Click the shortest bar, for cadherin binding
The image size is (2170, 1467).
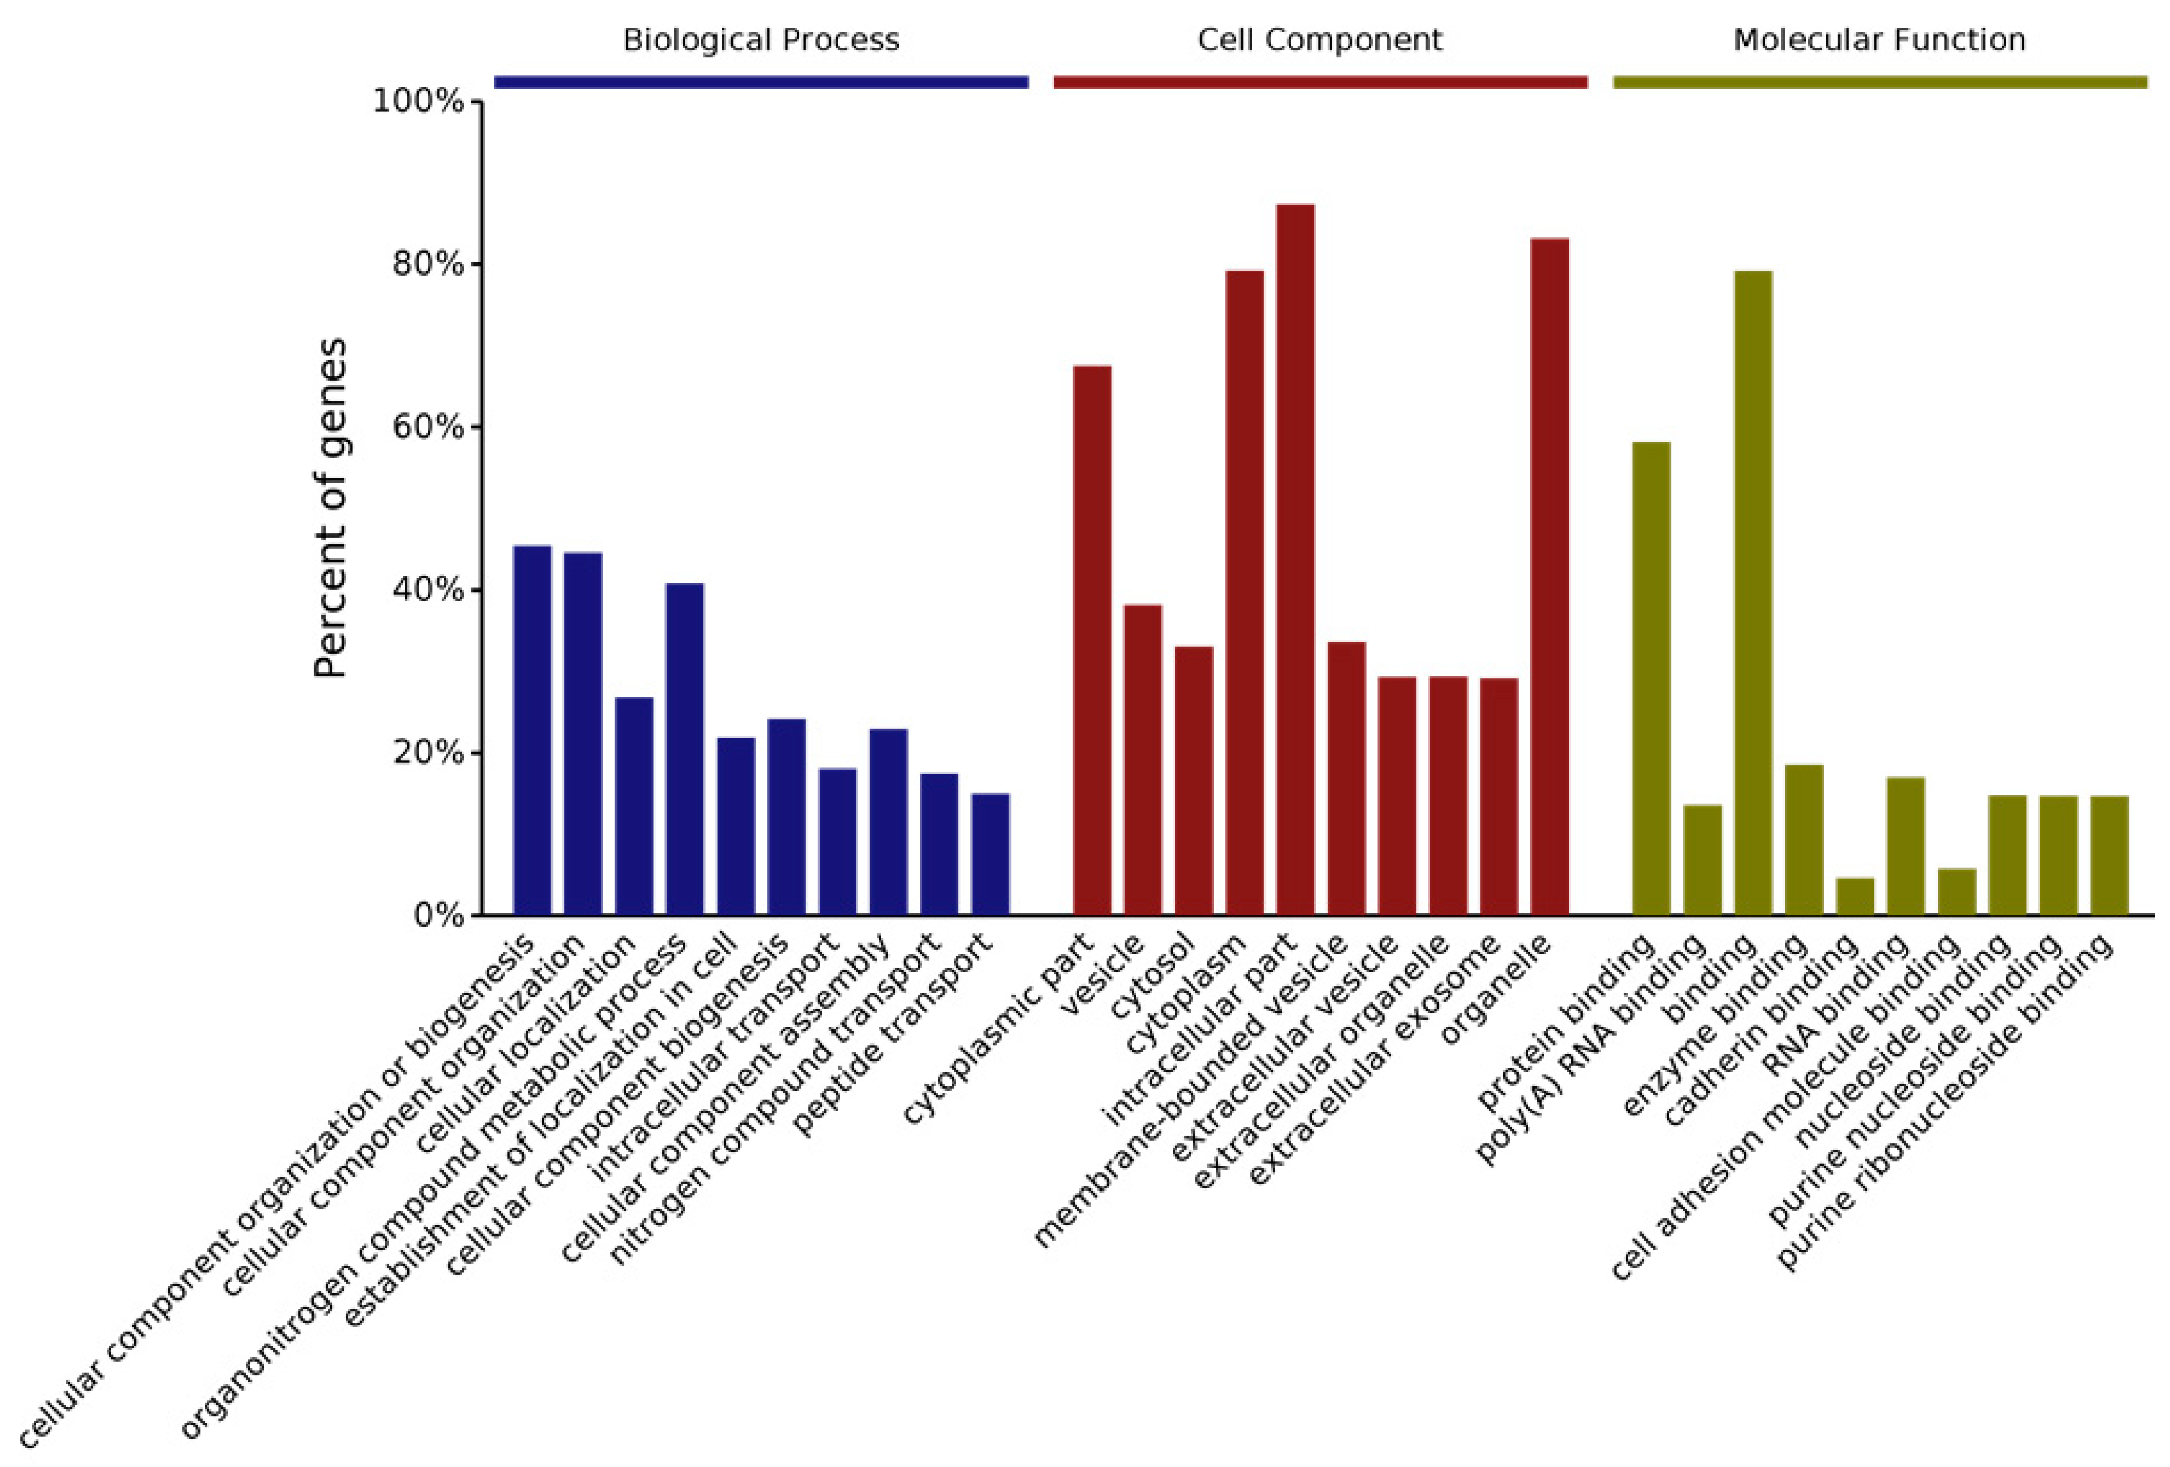(1855, 897)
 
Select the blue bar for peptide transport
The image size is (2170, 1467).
(990, 854)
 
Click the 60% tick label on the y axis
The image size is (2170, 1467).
(428, 427)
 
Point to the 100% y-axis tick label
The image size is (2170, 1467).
(418, 101)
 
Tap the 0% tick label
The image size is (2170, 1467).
(439, 915)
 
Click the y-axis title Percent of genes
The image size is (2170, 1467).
(330, 508)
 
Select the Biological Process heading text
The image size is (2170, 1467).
(761, 40)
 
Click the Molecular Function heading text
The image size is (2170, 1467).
(1879, 40)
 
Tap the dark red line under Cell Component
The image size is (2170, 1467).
(1320, 82)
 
